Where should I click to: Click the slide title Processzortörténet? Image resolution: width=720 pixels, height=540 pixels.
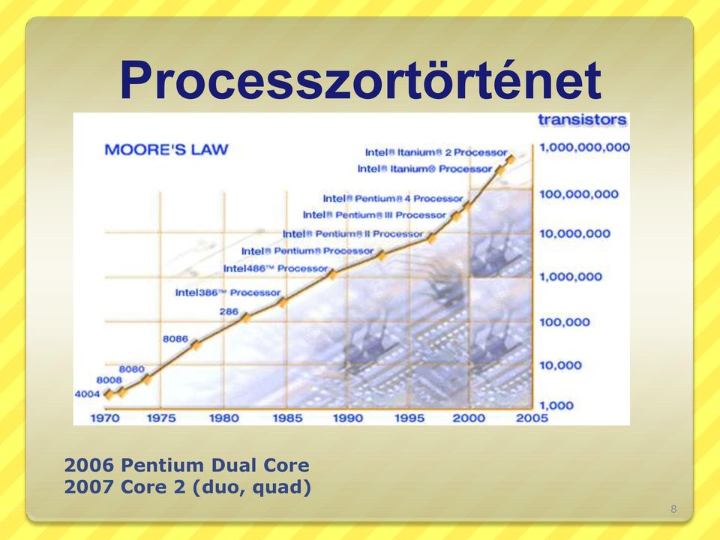(x=361, y=79)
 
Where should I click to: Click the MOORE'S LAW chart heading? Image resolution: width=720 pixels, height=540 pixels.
(x=166, y=150)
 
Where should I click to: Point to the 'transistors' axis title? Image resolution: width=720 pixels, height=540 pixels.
(x=582, y=120)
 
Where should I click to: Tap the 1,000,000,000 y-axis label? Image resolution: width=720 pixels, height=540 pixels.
(x=584, y=148)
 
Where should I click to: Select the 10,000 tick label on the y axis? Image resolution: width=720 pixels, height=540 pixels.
(x=561, y=365)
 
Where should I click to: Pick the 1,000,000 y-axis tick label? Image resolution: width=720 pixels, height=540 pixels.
(x=571, y=277)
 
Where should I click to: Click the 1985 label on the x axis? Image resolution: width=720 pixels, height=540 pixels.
(x=287, y=418)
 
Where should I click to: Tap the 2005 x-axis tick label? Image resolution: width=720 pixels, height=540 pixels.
(x=532, y=418)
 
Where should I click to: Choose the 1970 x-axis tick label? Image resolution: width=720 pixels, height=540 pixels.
(x=105, y=418)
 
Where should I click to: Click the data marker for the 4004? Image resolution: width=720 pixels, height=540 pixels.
(x=108, y=394)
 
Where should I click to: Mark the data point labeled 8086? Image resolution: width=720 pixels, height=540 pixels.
(x=196, y=345)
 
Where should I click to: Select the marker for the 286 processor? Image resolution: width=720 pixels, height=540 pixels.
(x=246, y=317)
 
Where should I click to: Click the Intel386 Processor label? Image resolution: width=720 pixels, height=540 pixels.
(x=228, y=292)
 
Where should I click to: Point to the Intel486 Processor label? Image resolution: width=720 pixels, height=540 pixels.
(x=275, y=268)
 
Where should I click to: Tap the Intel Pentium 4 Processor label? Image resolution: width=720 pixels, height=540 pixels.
(x=393, y=198)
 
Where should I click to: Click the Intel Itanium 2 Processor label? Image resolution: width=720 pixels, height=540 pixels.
(x=436, y=152)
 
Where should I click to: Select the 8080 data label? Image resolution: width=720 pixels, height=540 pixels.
(x=132, y=369)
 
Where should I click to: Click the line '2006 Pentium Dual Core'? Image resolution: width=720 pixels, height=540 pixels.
(x=187, y=465)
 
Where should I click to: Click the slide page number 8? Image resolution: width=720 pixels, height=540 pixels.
(x=673, y=508)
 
